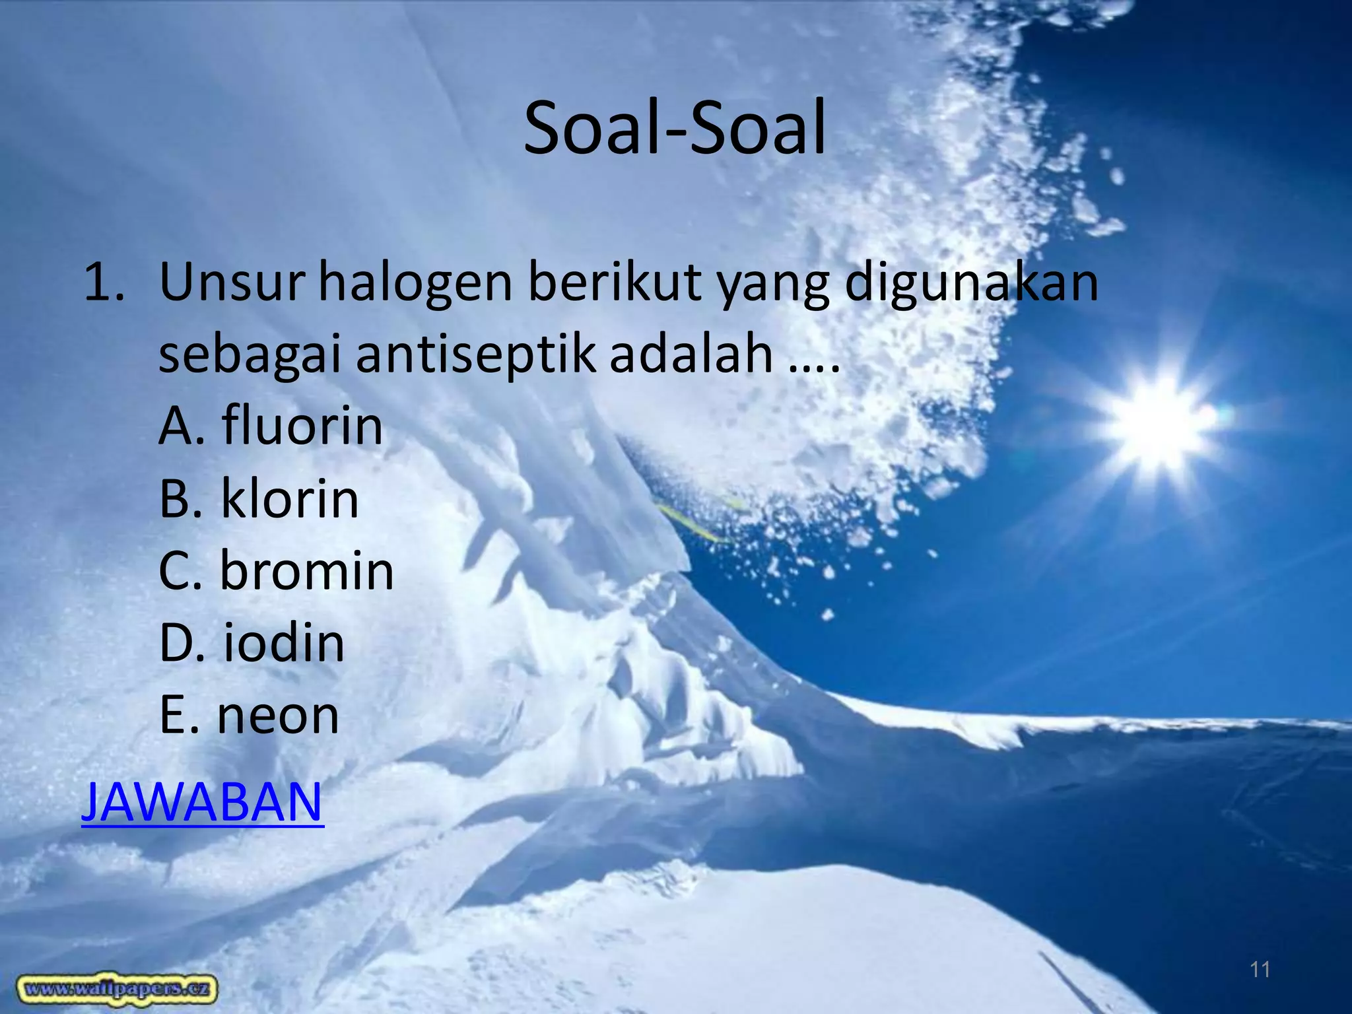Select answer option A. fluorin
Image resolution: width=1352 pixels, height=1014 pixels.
tap(271, 426)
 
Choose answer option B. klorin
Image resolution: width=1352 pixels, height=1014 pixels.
tap(259, 498)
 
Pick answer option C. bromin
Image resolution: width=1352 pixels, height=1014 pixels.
tap(276, 570)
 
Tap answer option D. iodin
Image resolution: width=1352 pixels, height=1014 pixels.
tap(252, 643)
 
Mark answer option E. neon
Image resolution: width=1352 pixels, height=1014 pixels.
tap(249, 716)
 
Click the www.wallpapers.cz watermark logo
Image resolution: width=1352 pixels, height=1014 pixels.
tap(118, 988)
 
